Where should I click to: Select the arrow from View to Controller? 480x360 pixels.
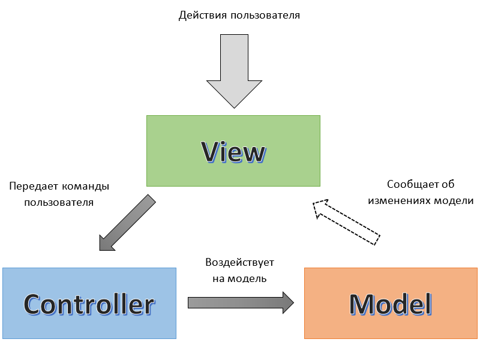tap(127, 223)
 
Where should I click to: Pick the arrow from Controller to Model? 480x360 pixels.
tap(241, 302)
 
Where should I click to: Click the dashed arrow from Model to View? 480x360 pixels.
tap(346, 222)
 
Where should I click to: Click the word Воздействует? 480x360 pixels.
tap(240, 263)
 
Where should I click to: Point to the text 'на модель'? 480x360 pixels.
tap(240, 278)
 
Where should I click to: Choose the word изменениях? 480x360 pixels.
tap(399, 201)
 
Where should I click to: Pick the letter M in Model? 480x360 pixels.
tap(362, 304)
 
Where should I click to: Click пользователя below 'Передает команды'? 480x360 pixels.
tap(59, 202)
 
